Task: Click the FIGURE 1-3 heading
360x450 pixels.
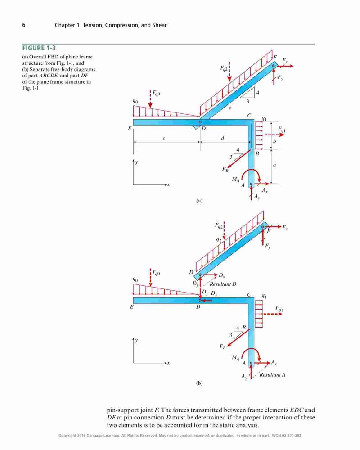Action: coord(39,48)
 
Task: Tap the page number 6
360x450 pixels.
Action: coord(24,25)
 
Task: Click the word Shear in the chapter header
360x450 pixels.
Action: coord(159,25)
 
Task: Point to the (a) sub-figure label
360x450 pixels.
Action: coord(199,201)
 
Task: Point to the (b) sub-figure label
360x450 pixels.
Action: coord(199,383)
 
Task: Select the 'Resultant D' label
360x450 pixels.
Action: coord(223,284)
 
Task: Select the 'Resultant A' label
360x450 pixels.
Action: coord(272,374)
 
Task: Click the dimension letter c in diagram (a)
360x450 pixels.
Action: coord(164,139)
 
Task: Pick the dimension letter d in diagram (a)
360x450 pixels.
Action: coord(222,138)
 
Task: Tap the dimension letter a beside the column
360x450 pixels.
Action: coord(274,165)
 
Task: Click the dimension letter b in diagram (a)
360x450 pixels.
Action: coord(274,141)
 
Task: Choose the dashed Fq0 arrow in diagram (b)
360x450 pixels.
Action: coord(151,277)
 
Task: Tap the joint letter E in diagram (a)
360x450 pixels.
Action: coord(130,129)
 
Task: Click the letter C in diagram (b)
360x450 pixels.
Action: coord(249,295)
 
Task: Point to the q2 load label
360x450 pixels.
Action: coord(219,240)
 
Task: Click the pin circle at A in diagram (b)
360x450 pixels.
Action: coord(251,363)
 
